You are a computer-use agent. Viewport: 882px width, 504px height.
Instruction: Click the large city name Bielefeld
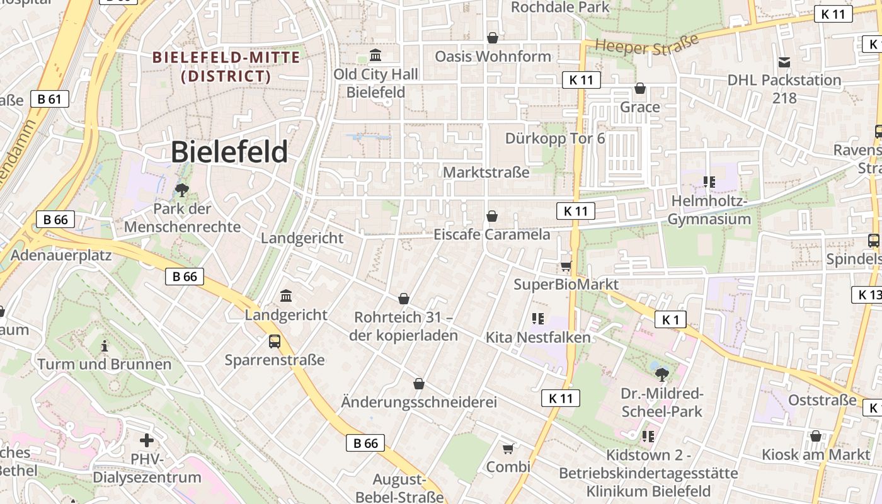[229, 152]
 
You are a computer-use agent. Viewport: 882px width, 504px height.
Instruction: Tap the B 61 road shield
[49, 99]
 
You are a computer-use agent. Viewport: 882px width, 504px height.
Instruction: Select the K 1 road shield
[670, 319]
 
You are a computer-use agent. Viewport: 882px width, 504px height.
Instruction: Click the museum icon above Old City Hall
[376, 55]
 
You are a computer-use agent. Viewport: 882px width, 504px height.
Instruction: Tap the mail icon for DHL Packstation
[784, 62]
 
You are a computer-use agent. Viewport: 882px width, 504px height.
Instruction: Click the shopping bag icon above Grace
[640, 88]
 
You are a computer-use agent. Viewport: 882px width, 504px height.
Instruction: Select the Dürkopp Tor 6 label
[555, 138]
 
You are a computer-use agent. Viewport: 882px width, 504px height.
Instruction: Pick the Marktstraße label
[486, 172]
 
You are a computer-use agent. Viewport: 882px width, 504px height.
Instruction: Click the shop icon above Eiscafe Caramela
[492, 217]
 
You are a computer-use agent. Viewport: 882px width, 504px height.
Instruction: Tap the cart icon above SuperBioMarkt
[566, 266]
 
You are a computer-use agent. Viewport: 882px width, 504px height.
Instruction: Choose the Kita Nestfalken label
[538, 338]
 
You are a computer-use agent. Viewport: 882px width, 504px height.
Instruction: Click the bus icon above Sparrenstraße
[275, 341]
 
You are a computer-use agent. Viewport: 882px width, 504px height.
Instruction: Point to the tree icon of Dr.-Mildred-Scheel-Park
[661, 375]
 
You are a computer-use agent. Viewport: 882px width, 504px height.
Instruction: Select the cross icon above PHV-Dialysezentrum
[147, 440]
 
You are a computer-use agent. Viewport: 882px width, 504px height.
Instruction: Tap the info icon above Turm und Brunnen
[105, 346]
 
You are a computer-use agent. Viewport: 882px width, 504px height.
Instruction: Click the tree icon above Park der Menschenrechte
[182, 190]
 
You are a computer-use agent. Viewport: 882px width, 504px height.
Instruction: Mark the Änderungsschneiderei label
[419, 402]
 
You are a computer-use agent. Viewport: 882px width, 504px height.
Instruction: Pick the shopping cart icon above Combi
[508, 449]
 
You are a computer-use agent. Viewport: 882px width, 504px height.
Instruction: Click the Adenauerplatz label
[61, 255]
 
